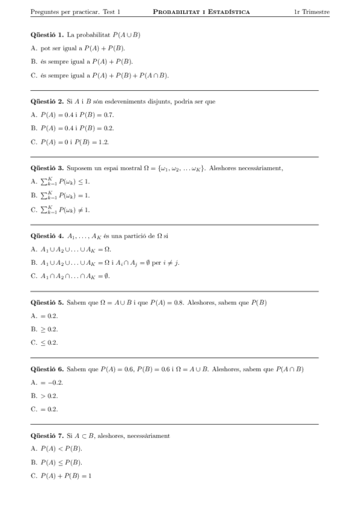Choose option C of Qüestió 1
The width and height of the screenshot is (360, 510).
pyautogui.click(x=99, y=75)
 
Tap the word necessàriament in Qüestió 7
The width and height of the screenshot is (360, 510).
pyautogui.click(x=148, y=435)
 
